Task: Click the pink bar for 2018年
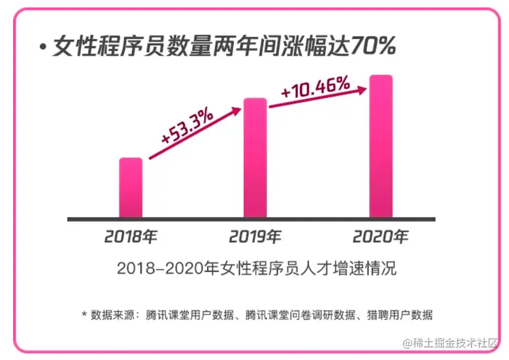coord(131,188)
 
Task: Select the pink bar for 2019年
coord(256,158)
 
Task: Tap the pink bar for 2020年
coord(381,146)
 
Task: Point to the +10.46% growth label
coord(315,89)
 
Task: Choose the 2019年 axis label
coord(256,236)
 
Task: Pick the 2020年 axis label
coord(381,236)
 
